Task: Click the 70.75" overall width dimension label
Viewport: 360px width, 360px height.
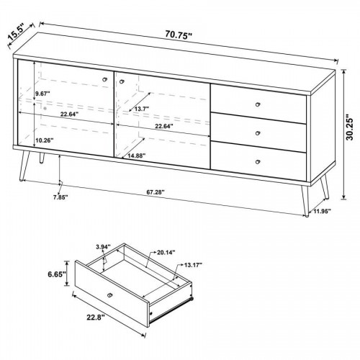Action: [x=179, y=35]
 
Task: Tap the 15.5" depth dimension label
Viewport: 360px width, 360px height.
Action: [x=17, y=32]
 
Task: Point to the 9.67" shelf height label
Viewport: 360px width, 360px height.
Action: [x=42, y=94]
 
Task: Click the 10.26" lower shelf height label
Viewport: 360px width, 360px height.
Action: [x=44, y=140]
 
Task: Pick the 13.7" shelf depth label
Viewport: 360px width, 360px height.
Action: [x=142, y=109]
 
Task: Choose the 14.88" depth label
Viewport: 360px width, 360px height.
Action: [x=137, y=156]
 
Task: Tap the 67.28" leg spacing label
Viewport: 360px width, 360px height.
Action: [x=156, y=192]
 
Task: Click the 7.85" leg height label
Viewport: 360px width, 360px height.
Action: [x=60, y=197]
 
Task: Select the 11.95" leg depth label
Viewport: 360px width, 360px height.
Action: [x=322, y=211]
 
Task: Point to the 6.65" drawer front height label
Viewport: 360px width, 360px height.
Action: [x=57, y=274]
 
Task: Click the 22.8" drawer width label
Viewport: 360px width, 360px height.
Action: [x=96, y=318]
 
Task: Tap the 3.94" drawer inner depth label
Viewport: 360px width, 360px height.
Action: [x=103, y=246]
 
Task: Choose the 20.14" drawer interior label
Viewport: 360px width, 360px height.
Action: [x=166, y=252]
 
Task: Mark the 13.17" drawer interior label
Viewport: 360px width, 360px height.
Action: [x=193, y=265]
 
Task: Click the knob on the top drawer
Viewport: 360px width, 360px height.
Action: [x=258, y=104]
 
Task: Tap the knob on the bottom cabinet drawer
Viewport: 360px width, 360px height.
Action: [x=258, y=162]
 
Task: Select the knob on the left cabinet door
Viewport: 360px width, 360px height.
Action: [x=104, y=79]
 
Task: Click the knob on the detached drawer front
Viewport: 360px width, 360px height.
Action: [x=110, y=295]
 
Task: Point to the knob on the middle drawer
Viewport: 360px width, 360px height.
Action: [x=258, y=133]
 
